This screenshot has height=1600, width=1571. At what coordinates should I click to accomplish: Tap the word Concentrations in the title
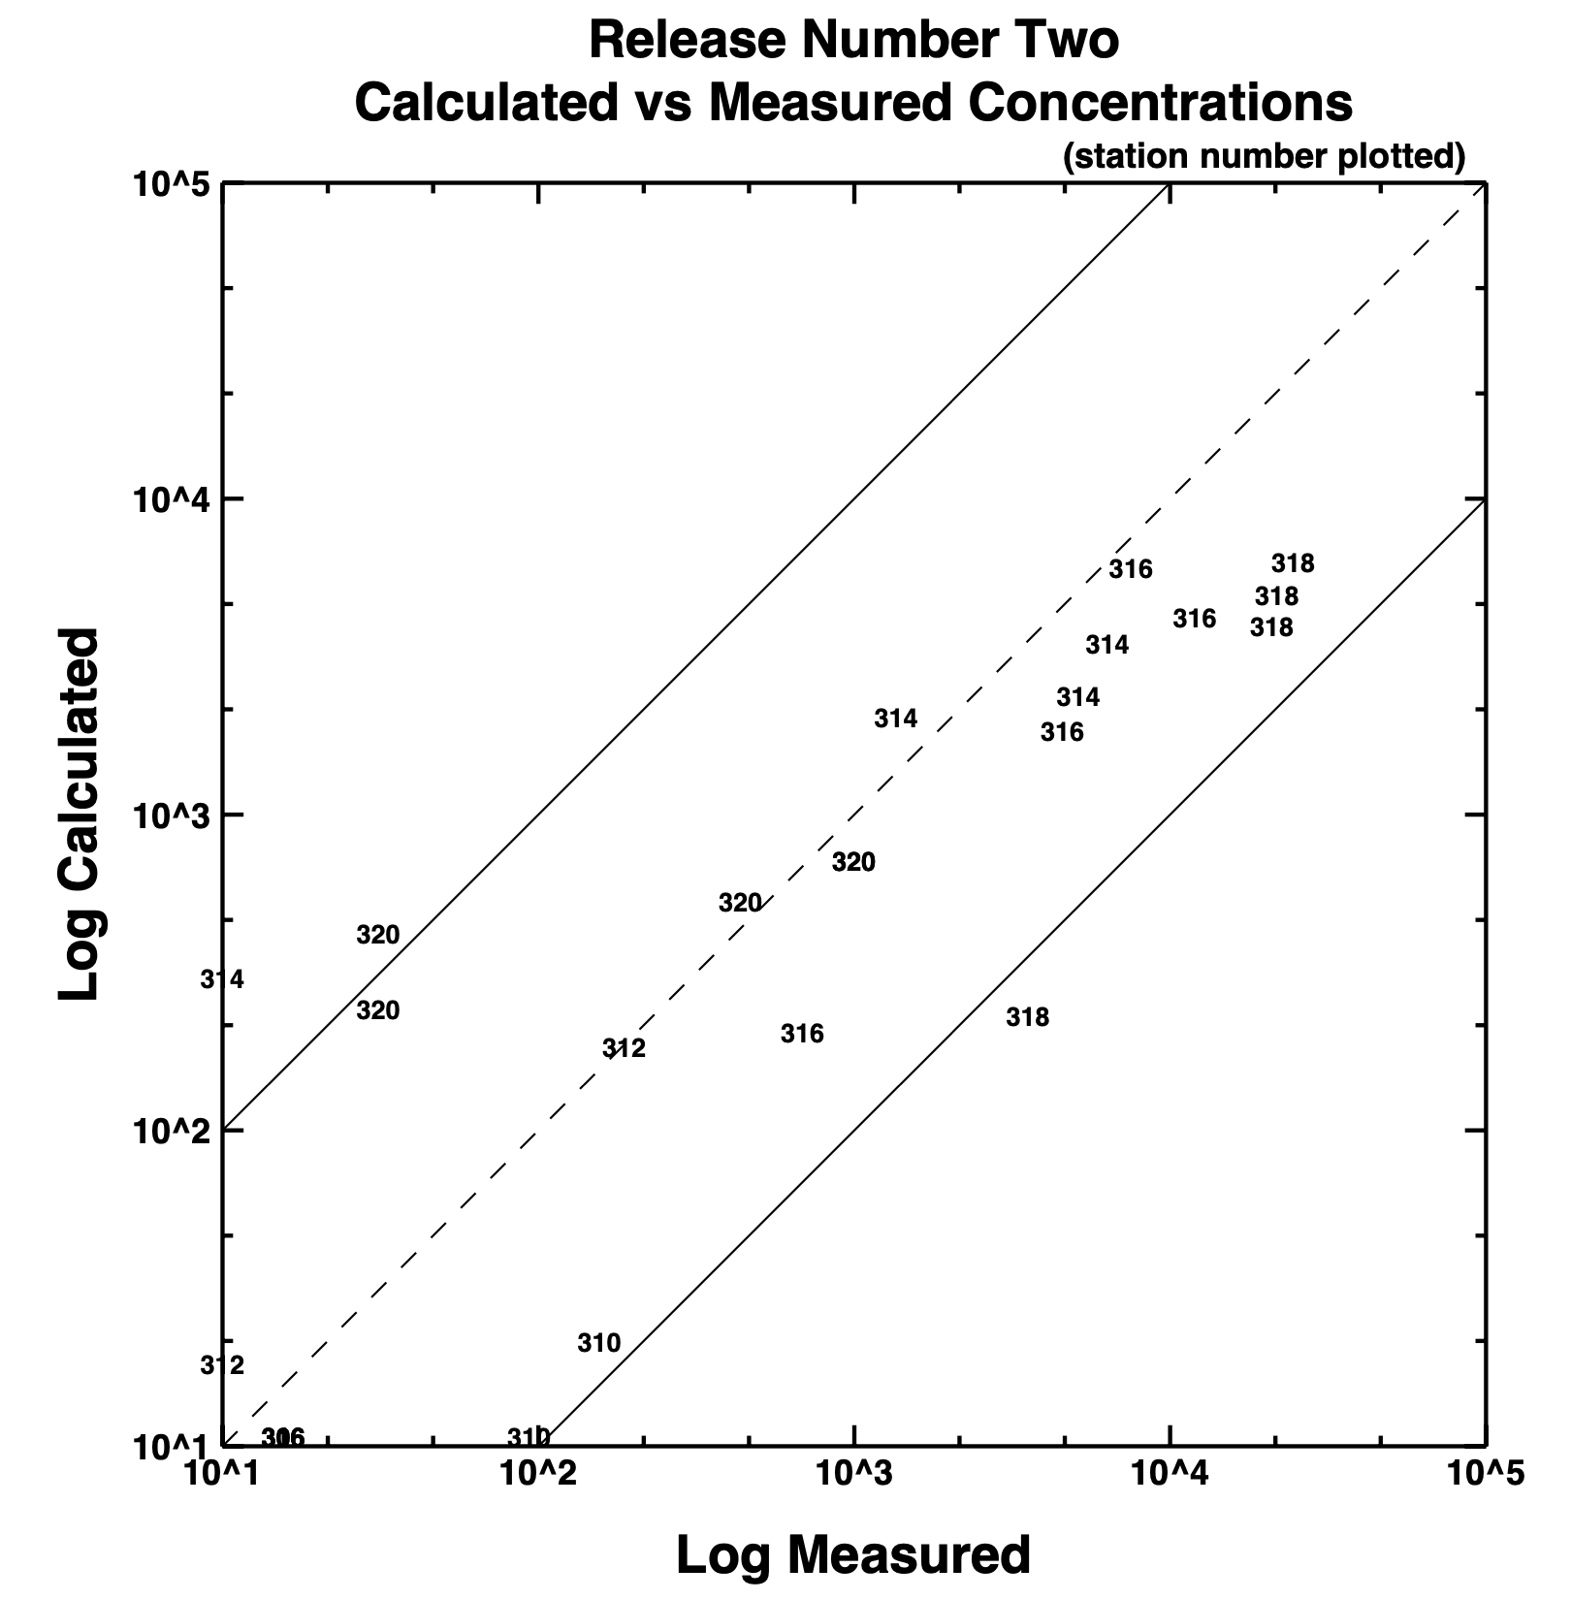tap(1161, 102)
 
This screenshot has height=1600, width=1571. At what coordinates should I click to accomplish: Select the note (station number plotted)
tap(1264, 156)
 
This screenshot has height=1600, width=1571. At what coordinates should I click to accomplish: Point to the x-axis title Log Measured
tap(852, 1554)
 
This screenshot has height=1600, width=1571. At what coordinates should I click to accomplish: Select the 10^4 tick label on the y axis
tap(171, 499)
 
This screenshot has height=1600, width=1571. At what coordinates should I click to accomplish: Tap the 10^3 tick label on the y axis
tap(171, 816)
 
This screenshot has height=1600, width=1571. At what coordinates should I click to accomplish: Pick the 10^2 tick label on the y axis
tap(171, 1132)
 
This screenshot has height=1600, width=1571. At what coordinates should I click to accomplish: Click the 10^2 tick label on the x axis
tap(538, 1474)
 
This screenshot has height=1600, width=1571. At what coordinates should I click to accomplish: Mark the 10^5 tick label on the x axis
tap(1485, 1474)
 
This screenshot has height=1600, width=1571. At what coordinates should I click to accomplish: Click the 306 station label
tap(283, 1437)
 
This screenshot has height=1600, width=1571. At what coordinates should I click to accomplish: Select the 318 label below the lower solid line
tap(1027, 1017)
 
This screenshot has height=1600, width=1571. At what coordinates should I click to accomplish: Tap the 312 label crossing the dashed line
tap(624, 1048)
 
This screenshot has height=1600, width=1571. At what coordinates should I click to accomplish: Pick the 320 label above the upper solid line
tap(377, 935)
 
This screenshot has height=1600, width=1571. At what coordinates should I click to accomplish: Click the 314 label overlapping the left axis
tap(222, 979)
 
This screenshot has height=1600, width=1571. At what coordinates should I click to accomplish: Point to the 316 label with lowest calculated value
tap(802, 1034)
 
